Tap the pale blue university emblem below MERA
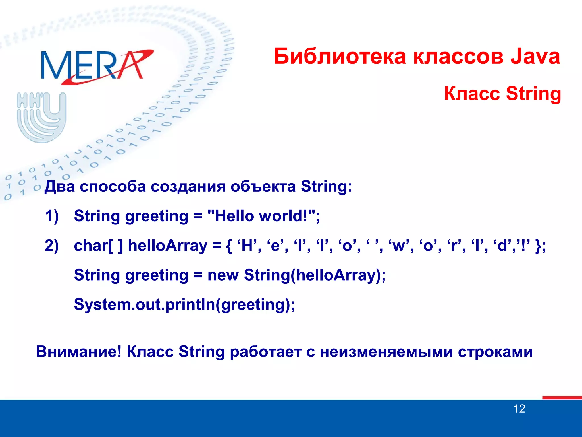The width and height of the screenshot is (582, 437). [41, 117]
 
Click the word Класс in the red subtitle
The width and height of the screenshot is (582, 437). [472, 94]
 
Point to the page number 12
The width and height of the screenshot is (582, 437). [519, 409]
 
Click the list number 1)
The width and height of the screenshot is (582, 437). [52, 216]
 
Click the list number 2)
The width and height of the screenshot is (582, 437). [52, 246]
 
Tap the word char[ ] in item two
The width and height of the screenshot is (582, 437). [98, 246]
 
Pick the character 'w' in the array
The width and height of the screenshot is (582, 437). [399, 246]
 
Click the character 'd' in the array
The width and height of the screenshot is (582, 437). [502, 246]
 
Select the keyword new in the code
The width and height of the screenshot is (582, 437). [223, 275]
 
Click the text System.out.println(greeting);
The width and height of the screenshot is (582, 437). [184, 304]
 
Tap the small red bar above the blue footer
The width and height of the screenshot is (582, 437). [562, 398]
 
